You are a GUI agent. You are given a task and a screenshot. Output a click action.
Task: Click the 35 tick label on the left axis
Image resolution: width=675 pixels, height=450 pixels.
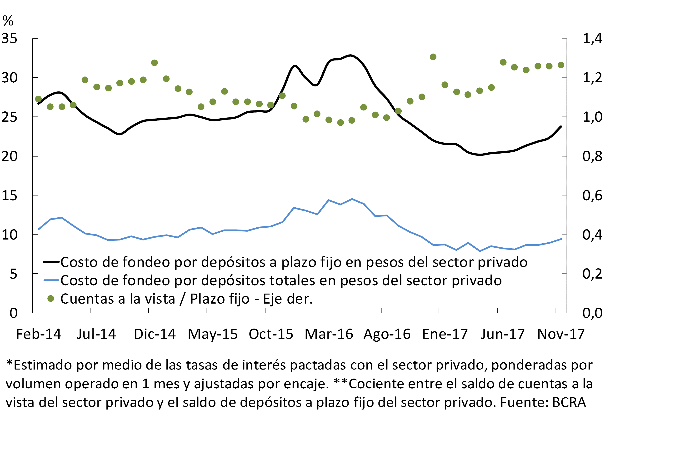click(x=10, y=39)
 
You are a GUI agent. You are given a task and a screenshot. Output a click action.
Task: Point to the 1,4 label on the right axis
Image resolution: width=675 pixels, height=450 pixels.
click(x=592, y=39)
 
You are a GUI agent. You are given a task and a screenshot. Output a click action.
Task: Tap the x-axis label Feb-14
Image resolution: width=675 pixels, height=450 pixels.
click(x=39, y=334)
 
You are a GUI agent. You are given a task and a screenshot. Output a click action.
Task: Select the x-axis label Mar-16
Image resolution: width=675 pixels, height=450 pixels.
click(x=329, y=334)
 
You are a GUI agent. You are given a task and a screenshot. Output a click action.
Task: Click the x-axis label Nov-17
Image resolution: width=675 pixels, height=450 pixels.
click(x=561, y=334)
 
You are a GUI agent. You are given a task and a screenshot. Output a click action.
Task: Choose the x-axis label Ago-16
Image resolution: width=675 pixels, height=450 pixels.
click(x=387, y=334)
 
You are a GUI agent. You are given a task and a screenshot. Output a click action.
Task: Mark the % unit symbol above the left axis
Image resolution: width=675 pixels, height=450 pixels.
click(x=8, y=21)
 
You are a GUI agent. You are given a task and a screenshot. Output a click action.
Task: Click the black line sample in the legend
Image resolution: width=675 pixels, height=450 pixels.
click(x=51, y=262)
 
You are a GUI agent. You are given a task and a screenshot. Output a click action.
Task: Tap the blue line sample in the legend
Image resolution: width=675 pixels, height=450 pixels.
click(x=51, y=280)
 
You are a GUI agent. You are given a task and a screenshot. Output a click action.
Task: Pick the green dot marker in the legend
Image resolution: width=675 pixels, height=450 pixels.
click(x=51, y=299)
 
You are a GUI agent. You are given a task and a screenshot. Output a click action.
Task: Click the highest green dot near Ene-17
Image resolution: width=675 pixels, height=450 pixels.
click(x=433, y=57)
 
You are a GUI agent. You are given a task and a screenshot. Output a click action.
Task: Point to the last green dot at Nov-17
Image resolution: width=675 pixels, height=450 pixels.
click(x=561, y=65)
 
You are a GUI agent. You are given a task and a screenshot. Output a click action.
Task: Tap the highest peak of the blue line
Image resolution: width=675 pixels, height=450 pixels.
click(x=352, y=199)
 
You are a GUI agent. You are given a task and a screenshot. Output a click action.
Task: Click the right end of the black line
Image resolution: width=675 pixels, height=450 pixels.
click(x=561, y=126)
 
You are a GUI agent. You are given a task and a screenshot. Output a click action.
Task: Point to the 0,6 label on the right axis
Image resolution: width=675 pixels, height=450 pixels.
click(x=592, y=195)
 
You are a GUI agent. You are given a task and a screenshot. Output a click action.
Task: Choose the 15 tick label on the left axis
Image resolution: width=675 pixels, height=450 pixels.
click(x=10, y=195)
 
